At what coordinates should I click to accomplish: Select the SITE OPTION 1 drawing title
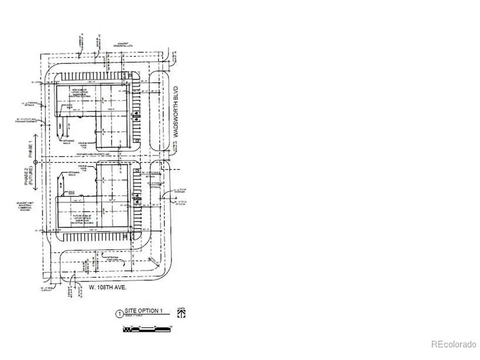143,311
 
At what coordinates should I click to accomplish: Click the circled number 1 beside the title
119,314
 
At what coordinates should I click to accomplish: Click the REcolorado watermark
453,345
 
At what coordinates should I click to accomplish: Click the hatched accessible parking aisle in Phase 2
137,197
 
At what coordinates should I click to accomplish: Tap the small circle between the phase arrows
35,161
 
